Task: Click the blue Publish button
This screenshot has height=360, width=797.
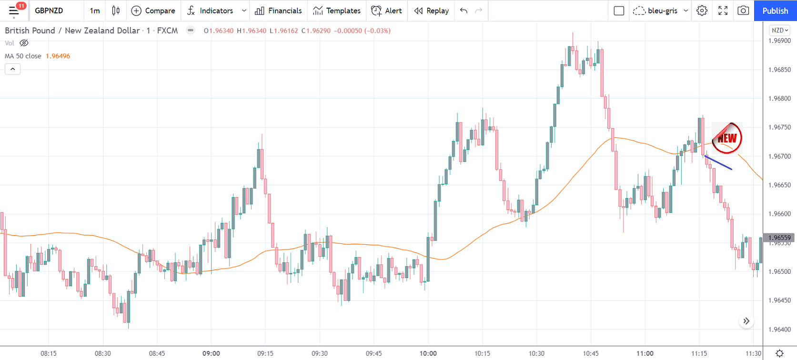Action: pyautogui.click(x=775, y=10)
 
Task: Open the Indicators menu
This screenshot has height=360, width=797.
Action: pyautogui.click(x=211, y=10)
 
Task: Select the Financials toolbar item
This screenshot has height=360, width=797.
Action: pyautogui.click(x=278, y=10)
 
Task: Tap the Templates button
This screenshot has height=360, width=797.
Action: pyautogui.click(x=337, y=10)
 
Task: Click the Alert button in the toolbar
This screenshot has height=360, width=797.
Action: pyautogui.click(x=386, y=10)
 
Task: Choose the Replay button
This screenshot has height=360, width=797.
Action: pyautogui.click(x=432, y=10)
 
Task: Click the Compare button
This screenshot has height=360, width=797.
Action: pyautogui.click(x=153, y=10)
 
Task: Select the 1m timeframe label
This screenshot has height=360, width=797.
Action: pyautogui.click(x=95, y=10)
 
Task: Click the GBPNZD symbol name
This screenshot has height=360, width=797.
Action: pyautogui.click(x=49, y=10)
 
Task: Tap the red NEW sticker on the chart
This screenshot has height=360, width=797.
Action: pyautogui.click(x=727, y=138)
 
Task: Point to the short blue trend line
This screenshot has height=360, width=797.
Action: pyautogui.click(x=718, y=163)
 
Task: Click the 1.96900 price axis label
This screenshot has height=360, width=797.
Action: pyautogui.click(x=779, y=40)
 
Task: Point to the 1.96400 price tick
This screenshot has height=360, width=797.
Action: pyautogui.click(x=779, y=329)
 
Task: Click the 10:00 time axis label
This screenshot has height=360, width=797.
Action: pyautogui.click(x=428, y=353)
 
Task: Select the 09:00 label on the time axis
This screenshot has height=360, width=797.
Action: pyautogui.click(x=211, y=353)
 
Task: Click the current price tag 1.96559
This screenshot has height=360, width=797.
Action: pyautogui.click(x=779, y=238)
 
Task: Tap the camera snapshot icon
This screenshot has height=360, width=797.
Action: pyautogui.click(x=743, y=10)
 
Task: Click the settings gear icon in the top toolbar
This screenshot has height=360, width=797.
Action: pyautogui.click(x=702, y=10)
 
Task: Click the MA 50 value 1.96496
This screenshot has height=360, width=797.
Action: pyautogui.click(x=58, y=56)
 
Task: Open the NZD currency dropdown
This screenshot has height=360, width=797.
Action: pyautogui.click(x=780, y=30)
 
